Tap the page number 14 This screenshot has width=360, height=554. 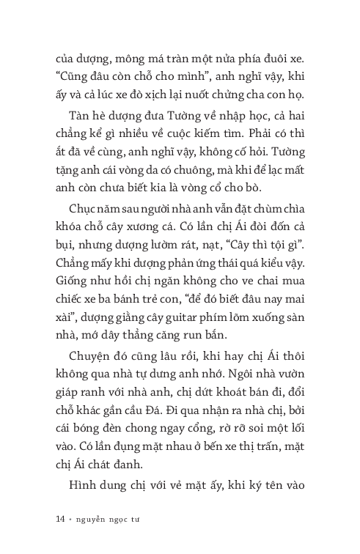pyautogui.click(x=61, y=520)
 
